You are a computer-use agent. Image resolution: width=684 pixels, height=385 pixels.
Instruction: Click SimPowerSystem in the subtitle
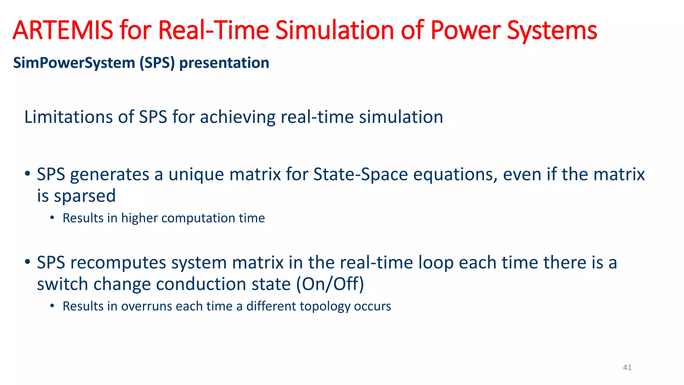(x=74, y=63)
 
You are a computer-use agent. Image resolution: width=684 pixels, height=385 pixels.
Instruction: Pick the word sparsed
(x=85, y=196)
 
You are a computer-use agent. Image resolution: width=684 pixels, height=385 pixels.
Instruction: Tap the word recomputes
(x=118, y=263)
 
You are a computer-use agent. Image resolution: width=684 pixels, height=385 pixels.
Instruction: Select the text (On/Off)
(x=330, y=284)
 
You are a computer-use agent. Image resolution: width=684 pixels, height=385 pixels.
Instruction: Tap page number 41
(x=627, y=368)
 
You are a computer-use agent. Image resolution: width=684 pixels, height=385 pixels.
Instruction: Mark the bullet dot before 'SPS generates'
(x=28, y=174)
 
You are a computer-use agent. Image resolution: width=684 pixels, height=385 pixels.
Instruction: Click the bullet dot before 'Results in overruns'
(x=52, y=305)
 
